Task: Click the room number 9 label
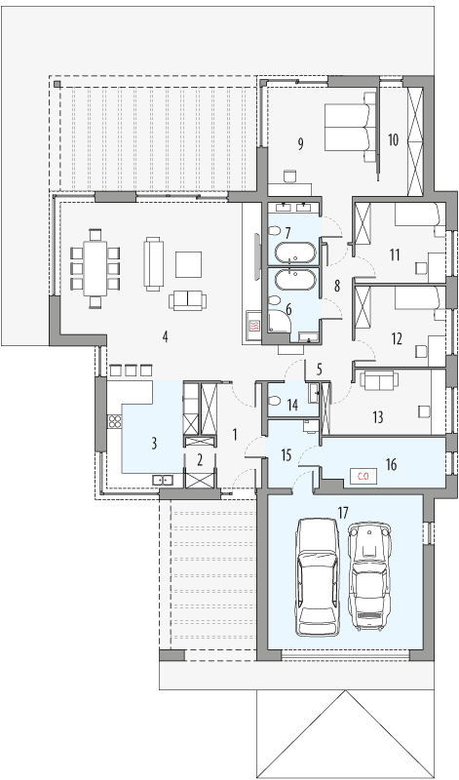click(x=300, y=144)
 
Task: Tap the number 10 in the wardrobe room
click(x=393, y=139)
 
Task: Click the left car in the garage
click(x=316, y=576)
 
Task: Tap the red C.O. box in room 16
click(x=362, y=476)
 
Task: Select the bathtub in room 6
click(x=293, y=284)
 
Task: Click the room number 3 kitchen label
click(x=154, y=443)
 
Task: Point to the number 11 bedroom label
click(x=395, y=255)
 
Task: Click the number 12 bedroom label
click(x=396, y=339)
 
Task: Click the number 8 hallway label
click(x=337, y=287)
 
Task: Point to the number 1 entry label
click(x=235, y=432)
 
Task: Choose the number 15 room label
click(x=286, y=454)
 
